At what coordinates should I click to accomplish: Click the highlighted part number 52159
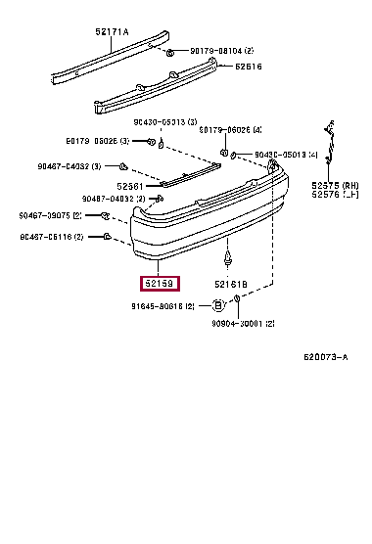(x=157, y=284)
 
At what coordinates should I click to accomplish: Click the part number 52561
(x=131, y=185)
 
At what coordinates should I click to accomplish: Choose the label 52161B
(x=232, y=284)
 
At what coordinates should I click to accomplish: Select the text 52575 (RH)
(x=333, y=185)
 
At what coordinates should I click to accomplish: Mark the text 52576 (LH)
(x=333, y=195)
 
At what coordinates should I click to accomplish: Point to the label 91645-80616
(x=163, y=306)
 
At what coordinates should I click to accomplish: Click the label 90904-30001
(x=243, y=323)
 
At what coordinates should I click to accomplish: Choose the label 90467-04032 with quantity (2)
(x=115, y=199)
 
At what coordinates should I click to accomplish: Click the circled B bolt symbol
(x=218, y=306)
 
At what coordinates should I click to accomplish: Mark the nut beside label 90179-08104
(x=169, y=50)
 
